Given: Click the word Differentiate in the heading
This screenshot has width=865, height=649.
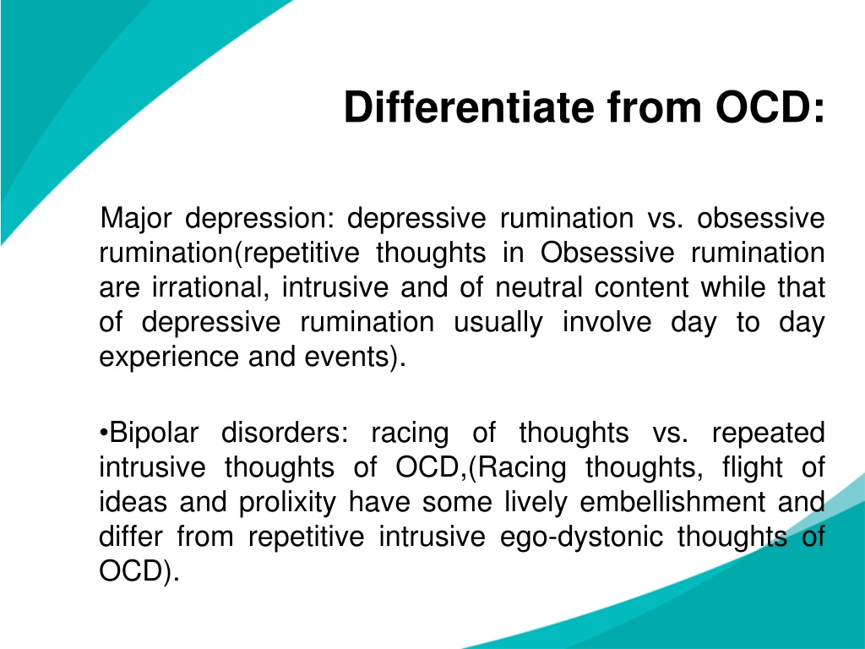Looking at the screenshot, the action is pos(469,106).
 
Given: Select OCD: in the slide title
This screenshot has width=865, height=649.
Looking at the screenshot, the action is pos(770,106).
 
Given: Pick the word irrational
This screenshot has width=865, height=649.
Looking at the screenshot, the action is pos(210,288).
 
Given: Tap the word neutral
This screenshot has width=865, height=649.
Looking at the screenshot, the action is pos(538,288).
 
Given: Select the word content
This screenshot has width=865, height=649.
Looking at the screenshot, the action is pos(642,288).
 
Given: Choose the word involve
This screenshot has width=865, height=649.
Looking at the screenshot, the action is pos(607,322).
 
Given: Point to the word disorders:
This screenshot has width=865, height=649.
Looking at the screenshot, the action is pos(286,433).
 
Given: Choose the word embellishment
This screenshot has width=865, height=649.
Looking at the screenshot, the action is pos(672,502).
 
